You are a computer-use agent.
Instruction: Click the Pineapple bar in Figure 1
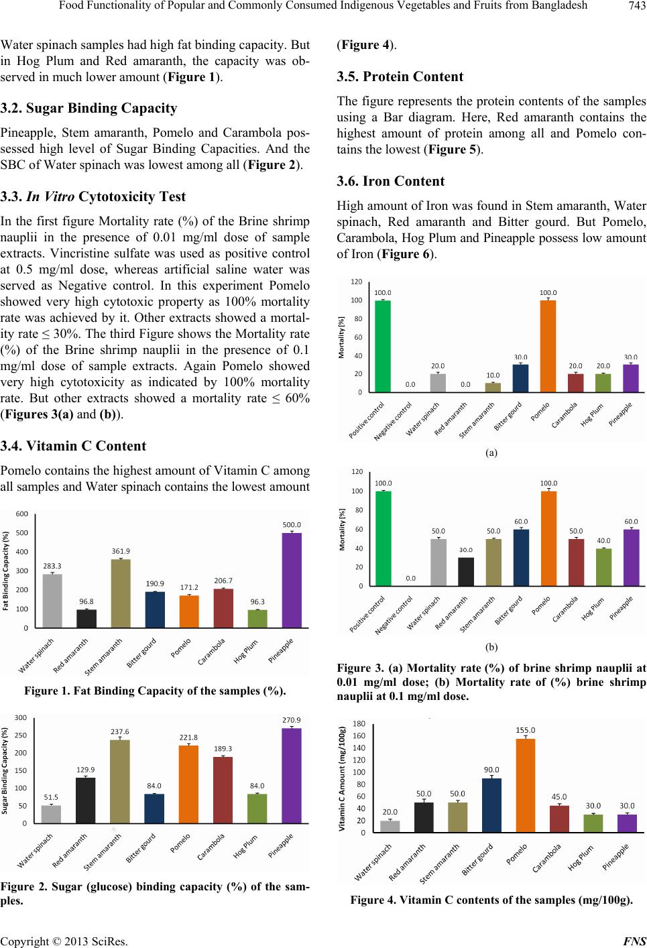coord(292,580)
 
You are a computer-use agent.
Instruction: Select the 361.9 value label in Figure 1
coord(121,551)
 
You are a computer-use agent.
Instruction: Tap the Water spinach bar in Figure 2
coord(51,815)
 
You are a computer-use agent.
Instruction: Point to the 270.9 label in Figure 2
coord(292,720)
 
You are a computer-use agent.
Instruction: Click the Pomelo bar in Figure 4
coord(525,786)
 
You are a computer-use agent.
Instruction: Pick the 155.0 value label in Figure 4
coord(525,730)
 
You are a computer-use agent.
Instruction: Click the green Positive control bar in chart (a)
coord(383,346)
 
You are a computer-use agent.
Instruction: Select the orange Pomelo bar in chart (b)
coord(548,539)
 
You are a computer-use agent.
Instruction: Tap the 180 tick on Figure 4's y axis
coord(359,723)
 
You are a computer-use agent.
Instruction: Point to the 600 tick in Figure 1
coord(22,514)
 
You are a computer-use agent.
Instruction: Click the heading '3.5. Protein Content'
coord(400,76)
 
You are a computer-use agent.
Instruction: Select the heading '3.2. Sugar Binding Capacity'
coord(89,109)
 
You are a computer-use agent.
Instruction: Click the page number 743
coord(637,5)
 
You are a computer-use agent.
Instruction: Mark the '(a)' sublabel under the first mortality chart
coord(491,453)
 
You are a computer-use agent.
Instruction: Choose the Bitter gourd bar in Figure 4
coord(491,806)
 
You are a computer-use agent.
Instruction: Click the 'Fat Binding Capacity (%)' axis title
coord(5,571)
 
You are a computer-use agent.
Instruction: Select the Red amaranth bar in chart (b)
coord(466,572)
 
